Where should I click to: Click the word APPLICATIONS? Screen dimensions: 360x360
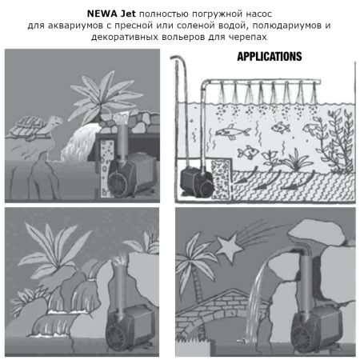pyautogui.click(x=269, y=57)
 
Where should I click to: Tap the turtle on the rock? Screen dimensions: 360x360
pyautogui.click(x=32, y=124)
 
